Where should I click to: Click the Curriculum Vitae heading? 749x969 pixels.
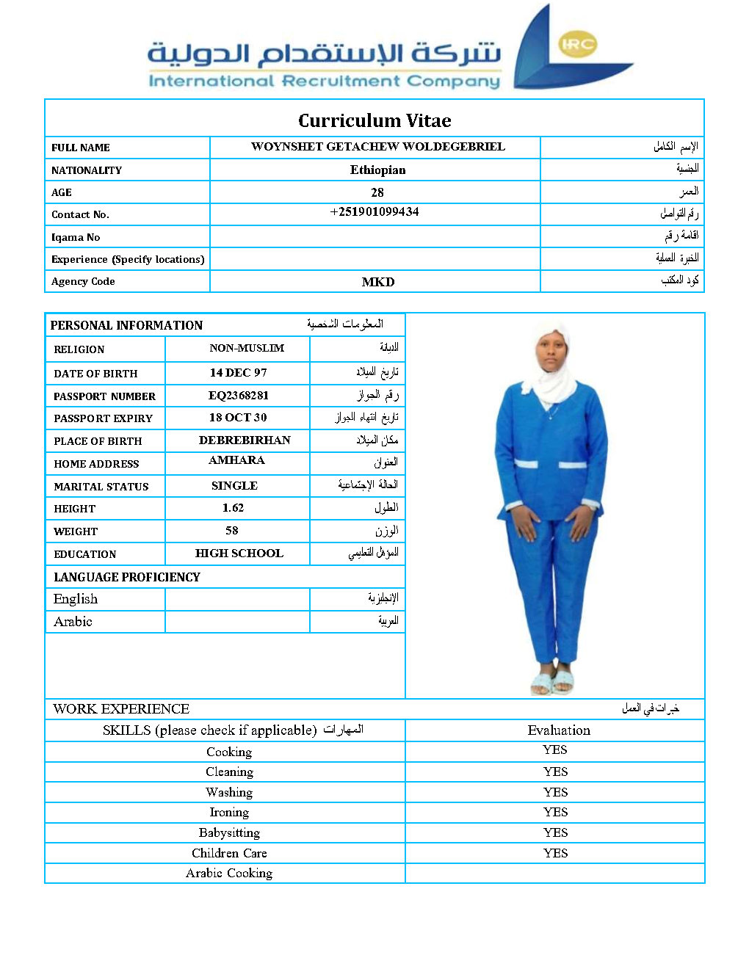[374, 120]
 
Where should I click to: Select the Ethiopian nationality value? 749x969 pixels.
[377, 170]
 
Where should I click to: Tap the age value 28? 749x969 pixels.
[377, 192]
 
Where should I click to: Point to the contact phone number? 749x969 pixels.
[374, 212]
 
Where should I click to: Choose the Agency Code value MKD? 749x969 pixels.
[378, 282]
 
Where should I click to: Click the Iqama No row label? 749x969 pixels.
[76, 237]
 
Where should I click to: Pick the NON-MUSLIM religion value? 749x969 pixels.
[247, 348]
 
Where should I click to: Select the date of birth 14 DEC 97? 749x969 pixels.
[239, 373]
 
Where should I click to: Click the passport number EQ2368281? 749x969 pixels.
[239, 396]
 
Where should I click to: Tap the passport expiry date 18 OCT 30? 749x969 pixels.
[238, 418]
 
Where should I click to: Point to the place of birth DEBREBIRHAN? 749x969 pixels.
[245, 440]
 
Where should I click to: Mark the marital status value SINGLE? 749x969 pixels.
[234, 486]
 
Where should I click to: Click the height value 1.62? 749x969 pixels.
[233, 508]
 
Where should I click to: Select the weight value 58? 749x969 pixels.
[232, 531]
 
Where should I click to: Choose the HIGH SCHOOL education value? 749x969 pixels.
[239, 554]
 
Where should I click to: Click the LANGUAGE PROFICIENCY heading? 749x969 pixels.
[127, 577]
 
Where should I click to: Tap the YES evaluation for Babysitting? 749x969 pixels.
[555, 832]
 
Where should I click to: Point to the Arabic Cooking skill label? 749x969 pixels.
[229, 873]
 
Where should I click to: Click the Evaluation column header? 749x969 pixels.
[559, 730]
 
